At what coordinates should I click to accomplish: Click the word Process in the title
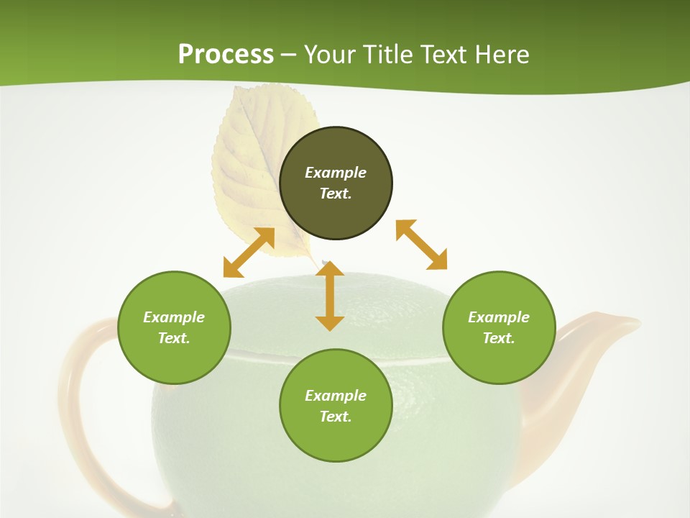pos(226,55)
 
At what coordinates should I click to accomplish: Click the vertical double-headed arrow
pos(330,296)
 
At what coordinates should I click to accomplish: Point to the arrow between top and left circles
pos(249,253)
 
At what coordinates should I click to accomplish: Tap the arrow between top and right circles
pos(422,245)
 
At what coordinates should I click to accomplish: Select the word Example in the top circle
pos(336,173)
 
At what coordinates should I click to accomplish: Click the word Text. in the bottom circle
pos(336,417)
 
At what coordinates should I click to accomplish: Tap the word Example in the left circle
pos(174,317)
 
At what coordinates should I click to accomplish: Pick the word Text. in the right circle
pos(499,338)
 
